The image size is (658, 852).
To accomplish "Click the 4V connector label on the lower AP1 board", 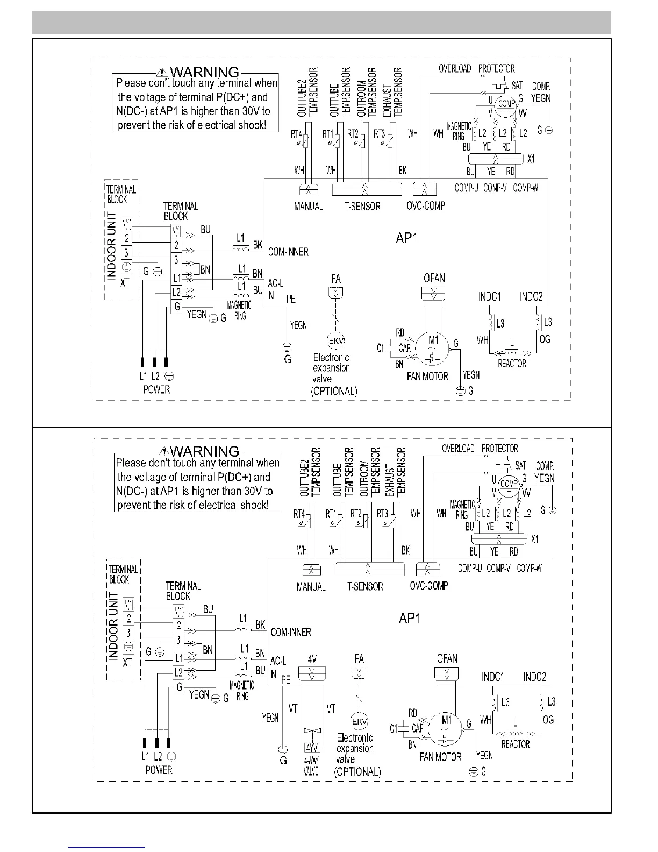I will click(312, 658).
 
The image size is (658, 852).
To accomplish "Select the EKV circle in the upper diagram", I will click(336, 342).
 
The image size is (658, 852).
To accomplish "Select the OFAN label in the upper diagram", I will click(434, 278).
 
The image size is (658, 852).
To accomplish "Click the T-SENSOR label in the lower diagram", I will click(365, 586).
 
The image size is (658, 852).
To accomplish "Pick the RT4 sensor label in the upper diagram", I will click(296, 134).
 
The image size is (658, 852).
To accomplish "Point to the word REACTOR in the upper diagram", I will click(512, 364).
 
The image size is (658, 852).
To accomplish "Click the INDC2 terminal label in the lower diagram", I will click(534, 677).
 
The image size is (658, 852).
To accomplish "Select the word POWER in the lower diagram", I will click(159, 770).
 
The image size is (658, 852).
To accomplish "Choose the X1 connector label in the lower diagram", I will click(534, 539).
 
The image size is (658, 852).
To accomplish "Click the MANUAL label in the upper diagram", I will click(309, 207).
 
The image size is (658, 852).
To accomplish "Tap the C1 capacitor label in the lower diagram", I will click(394, 729).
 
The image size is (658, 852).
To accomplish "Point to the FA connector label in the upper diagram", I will click(336, 279).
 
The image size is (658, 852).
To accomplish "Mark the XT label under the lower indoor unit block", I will click(127, 663).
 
